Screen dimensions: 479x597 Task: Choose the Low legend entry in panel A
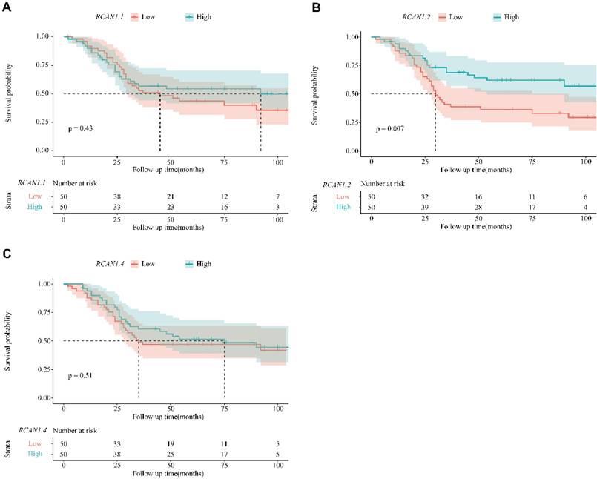coord(142,16)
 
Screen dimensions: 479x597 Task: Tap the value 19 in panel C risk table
coord(171,443)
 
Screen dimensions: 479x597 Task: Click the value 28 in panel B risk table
coord(479,208)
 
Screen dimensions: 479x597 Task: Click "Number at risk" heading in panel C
coord(90,429)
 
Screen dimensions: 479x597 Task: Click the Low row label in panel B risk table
coord(342,196)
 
